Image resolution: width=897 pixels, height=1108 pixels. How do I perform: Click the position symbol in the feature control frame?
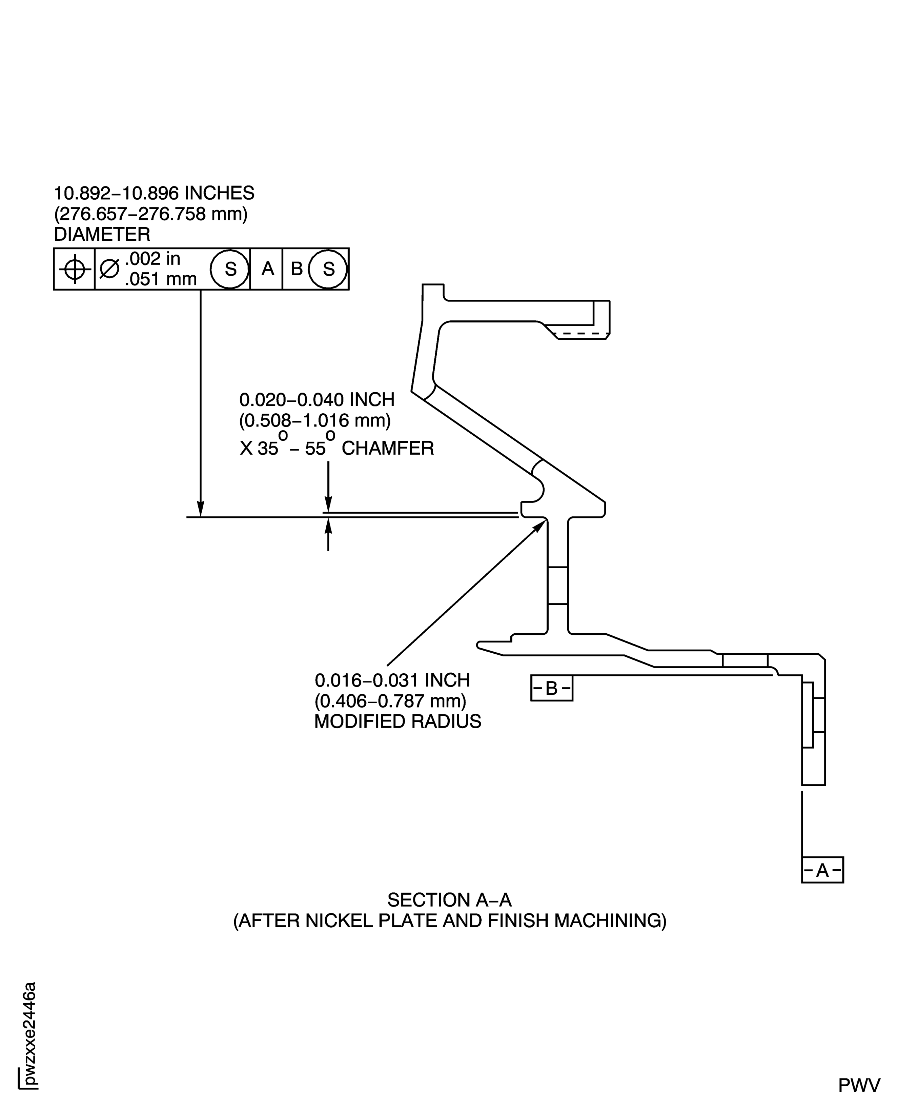pos(75,269)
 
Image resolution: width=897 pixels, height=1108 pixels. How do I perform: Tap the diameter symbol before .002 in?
pos(109,269)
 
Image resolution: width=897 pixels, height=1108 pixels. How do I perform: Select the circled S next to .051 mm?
pos(230,269)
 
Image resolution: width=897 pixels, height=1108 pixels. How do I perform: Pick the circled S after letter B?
pos(328,269)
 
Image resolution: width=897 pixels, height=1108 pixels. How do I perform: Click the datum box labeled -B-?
pos(551,688)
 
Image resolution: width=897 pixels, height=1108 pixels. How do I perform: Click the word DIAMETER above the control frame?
pos(102,235)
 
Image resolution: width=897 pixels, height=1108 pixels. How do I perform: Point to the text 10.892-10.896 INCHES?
pos(154,193)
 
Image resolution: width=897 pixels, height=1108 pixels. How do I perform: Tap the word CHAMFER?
pos(388,448)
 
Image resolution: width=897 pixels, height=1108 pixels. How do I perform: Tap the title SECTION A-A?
pos(449,900)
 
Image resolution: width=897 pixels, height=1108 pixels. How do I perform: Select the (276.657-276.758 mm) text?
pos(150,214)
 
